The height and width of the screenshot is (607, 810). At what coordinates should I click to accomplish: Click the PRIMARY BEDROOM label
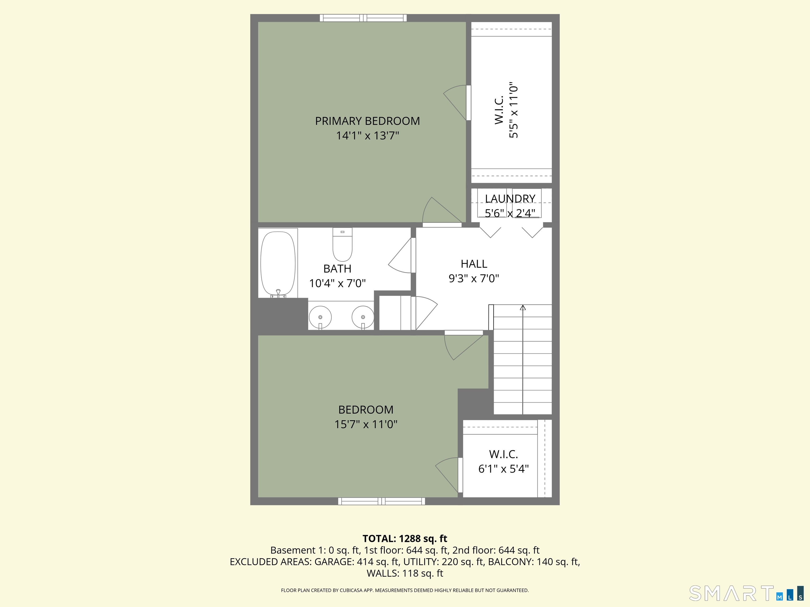point(367,121)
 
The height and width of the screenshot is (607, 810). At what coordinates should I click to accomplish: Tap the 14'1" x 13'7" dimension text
point(367,136)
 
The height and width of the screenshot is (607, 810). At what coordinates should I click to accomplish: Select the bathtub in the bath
point(278,263)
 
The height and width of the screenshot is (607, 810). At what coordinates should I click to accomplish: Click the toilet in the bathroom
point(343,244)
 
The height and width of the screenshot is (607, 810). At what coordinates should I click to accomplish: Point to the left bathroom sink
point(320,317)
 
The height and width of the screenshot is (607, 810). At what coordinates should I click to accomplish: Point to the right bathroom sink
point(363,317)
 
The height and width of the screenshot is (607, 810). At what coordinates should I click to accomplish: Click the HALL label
point(474,264)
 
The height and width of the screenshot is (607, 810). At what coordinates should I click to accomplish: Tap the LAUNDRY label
point(510,198)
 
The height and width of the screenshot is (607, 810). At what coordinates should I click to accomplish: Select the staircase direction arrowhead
point(523,308)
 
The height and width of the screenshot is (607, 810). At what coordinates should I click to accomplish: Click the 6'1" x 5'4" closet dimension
point(504,469)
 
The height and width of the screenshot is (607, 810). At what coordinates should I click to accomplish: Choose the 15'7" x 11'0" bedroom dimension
point(366,424)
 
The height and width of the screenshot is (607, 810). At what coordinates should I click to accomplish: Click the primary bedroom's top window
point(363,18)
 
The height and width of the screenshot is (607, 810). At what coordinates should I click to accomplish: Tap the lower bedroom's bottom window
point(382,501)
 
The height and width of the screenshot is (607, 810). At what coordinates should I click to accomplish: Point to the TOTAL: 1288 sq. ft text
point(405,539)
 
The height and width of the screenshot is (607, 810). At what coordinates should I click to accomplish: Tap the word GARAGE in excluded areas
point(334,562)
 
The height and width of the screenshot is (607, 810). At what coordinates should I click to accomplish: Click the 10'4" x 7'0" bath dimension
point(337,283)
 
